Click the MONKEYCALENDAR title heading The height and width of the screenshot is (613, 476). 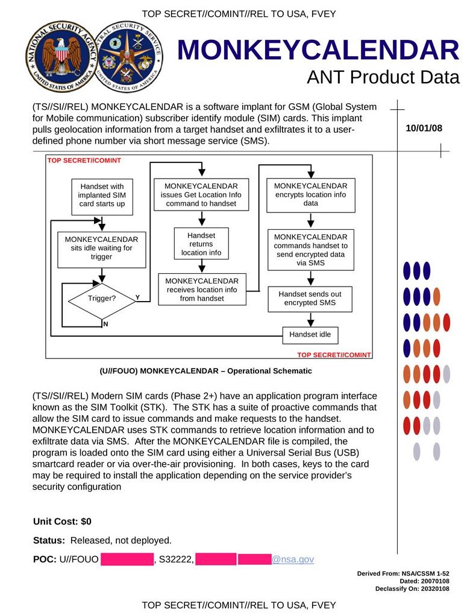click(318, 51)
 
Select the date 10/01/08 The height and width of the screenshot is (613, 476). click(424, 128)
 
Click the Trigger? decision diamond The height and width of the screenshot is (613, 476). click(102, 299)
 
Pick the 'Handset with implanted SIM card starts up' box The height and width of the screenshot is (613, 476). click(102, 195)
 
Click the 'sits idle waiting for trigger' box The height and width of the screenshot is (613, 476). click(102, 248)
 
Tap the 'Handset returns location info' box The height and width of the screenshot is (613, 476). click(201, 244)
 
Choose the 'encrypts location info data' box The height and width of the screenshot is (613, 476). click(311, 195)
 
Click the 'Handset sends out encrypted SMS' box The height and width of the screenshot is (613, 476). click(310, 299)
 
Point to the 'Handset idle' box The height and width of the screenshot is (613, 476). click(310, 334)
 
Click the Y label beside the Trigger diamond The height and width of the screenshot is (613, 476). click(137, 297)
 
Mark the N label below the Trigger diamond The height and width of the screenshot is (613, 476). click(105, 324)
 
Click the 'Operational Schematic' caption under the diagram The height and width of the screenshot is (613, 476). click(205, 371)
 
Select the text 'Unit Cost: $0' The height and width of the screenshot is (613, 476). click(62, 521)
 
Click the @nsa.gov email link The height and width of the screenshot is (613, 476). click(293, 559)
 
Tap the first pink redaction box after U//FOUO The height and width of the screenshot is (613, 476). click(127, 559)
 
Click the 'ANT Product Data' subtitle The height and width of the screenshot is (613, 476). click(383, 77)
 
